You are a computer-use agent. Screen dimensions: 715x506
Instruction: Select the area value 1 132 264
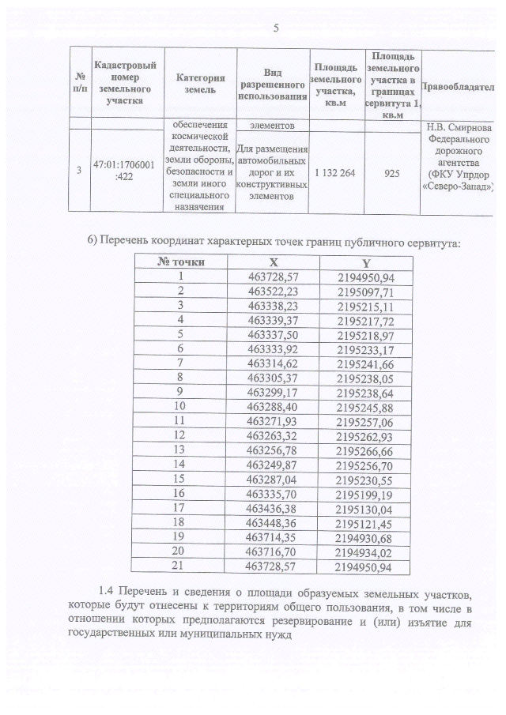(337, 171)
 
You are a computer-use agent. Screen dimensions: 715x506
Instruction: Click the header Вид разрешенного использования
(273, 85)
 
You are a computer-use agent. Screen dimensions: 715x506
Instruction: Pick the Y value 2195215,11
(364, 305)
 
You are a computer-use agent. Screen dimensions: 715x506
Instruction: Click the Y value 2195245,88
(364, 406)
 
